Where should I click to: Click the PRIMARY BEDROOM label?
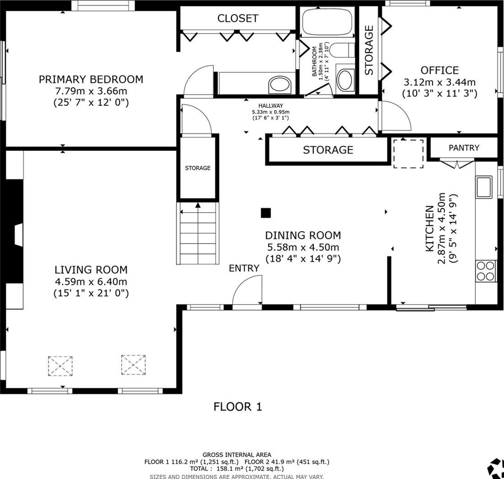click(91, 79)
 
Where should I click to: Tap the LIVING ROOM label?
click(91, 270)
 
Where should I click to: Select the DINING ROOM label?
click(303, 235)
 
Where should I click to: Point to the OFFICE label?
click(439, 70)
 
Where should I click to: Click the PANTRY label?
click(464, 148)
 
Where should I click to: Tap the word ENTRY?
click(244, 268)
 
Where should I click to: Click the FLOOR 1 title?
click(238, 407)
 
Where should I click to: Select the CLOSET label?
click(238, 18)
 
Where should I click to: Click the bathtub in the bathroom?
click(328, 22)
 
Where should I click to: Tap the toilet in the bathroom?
click(342, 50)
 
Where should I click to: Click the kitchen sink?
click(484, 187)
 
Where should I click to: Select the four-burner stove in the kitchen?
click(486, 271)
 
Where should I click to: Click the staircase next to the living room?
click(198, 233)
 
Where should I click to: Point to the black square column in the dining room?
click(266, 213)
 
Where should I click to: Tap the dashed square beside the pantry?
click(408, 153)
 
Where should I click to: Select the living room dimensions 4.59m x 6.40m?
click(91, 281)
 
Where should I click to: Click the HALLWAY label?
click(271, 106)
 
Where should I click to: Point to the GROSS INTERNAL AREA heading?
click(237, 454)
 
